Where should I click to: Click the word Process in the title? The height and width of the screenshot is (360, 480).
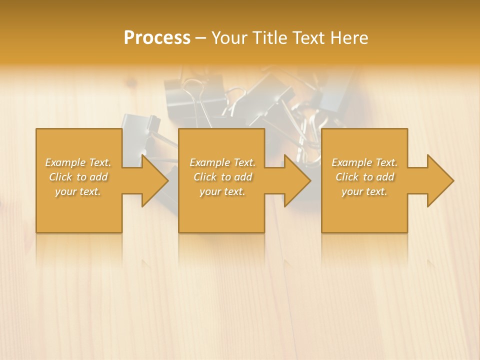(157, 38)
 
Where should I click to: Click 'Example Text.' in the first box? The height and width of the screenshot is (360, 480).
(78, 162)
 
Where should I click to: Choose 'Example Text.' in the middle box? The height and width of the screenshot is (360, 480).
(222, 162)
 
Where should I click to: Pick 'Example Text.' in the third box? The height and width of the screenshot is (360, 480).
(364, 162)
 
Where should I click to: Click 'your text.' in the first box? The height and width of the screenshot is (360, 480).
(78, 191)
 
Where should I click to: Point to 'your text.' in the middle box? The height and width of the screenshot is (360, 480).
(222, 191)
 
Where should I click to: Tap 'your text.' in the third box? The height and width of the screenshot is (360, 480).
(364, 191)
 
